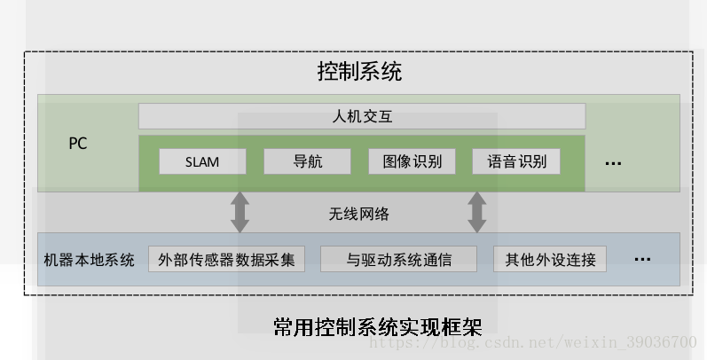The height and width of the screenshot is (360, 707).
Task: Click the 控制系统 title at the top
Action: pos(359,71)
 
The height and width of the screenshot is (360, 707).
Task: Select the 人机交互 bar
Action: pos(361,116)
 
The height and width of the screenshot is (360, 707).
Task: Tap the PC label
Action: pos(78,143)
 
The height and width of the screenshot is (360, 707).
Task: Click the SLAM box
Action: pos(202,162)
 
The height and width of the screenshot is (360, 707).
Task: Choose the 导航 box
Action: pos(307,162)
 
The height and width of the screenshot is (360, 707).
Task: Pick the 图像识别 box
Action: pos(412,162)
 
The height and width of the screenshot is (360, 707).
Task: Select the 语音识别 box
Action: pos(516,162)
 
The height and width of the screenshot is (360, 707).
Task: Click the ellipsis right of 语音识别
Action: pos(613,163)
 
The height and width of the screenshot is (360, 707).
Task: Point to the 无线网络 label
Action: pos(359,214)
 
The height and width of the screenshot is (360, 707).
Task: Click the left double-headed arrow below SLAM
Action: pos(240,212)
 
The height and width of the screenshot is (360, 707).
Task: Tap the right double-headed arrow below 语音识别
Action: pos(477,212)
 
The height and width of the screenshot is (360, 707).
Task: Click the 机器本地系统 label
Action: pos(89,260)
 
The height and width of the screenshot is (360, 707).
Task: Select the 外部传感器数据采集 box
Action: pos(226,260)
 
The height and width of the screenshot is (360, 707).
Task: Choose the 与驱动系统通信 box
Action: pos(398,260)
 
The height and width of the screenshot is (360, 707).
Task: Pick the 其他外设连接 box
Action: pos(550,260)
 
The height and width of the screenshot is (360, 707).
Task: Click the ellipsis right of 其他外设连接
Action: pos(643,260)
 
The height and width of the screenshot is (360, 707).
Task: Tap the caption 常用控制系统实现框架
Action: pos(378,325)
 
